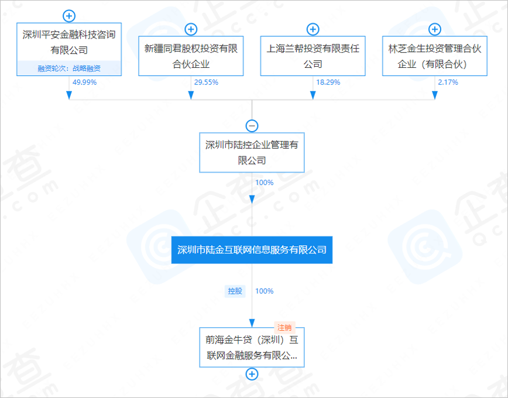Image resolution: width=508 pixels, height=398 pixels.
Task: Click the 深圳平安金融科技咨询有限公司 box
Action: tap(69, 42)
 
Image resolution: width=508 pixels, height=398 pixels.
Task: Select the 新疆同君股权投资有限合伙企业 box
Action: tap(191, 56)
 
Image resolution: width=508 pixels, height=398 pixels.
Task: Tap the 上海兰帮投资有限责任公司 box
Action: tap(313, 56)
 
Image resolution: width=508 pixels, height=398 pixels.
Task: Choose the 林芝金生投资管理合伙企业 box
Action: tap(434, 56)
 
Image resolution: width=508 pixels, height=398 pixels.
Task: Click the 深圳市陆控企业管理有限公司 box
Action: tap(252, 152)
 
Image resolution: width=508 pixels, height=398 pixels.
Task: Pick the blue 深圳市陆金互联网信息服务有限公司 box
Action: tap(252, 250)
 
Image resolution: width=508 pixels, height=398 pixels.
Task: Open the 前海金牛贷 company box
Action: tap(252, 348)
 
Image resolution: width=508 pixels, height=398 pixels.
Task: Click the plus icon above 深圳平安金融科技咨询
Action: tap(69, 16)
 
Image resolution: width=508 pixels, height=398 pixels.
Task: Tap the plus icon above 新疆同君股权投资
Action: tap(191, 29)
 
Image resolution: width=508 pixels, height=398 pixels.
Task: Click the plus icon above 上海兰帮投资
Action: tap(313, 29)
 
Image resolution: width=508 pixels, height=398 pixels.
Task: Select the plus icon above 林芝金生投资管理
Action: tap(434, 29)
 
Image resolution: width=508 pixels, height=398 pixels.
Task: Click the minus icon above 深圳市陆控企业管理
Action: tap(252, 126)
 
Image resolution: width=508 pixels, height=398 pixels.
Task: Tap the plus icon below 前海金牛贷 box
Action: tap(252, 374)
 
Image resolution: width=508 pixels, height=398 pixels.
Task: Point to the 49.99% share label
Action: tap(84, 83)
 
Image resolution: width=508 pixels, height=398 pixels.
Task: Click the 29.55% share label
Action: tap(206, 83)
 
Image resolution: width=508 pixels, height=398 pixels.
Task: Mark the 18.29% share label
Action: tap(328, 83)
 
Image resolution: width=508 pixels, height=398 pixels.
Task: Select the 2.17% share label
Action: tap(448, 83)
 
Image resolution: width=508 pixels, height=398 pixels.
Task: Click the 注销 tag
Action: tap(284, 328)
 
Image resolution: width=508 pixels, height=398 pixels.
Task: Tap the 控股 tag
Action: tap(235, 291)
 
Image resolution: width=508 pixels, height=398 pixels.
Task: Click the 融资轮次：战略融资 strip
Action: tap(69, 68)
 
